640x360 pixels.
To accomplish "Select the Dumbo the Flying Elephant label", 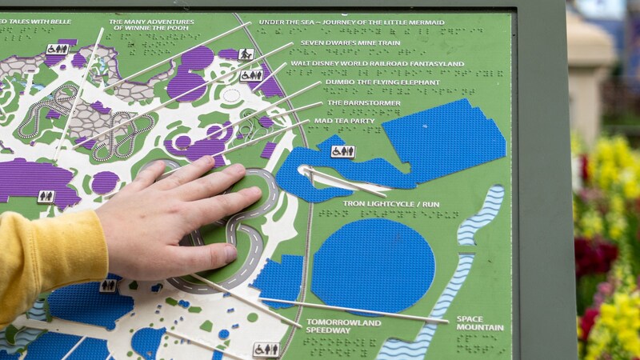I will pos(382,82).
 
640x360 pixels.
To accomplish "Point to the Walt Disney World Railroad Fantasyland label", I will pos(388,63).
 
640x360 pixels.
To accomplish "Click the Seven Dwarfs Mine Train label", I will pos(350,43).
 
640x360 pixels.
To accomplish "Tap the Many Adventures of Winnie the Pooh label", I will pos(150,25).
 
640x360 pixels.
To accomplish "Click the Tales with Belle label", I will pos(40,22).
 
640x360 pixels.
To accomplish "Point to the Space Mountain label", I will pos(480,323).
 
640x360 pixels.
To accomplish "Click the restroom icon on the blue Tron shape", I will pos(342,151).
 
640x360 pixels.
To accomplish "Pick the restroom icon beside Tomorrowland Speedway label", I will pos(266,350).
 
